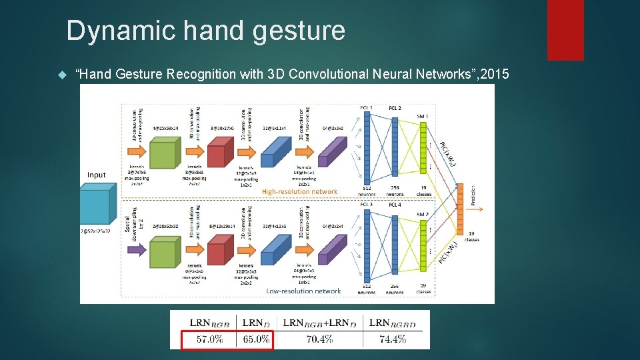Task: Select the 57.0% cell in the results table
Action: [x=209, y=339]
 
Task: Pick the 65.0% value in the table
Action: [x=256, y=339]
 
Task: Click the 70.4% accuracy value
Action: [x=319, y=339]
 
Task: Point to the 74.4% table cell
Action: [x=393, y=339]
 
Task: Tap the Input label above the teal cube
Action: [x=97, y=175]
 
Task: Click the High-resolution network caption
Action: [x=299, y=192]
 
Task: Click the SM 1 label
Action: [x=422, y=117]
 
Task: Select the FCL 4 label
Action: [x=395, y=205]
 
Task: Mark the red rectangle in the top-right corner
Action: [x=565, y=29]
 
